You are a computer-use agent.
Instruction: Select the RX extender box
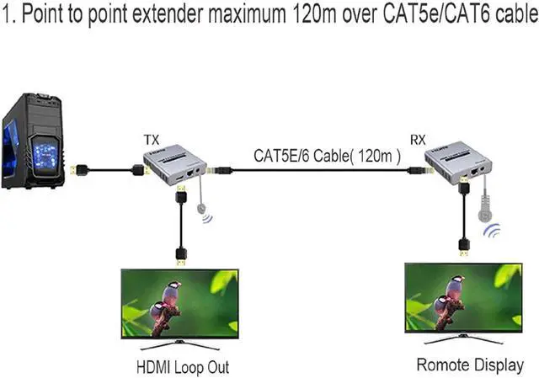click(459, 161)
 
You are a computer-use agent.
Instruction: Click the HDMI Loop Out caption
click(182, 367)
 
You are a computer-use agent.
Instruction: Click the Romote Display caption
click(470, 365)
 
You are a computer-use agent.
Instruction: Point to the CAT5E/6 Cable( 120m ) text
click(327, 156)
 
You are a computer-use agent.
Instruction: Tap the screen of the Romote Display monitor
click(462, 299)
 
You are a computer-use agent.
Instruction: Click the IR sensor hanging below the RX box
click(485, 207)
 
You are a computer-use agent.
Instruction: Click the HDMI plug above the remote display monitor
click(462, 246)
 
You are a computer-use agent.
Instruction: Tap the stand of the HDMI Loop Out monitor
click(180, 345)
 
